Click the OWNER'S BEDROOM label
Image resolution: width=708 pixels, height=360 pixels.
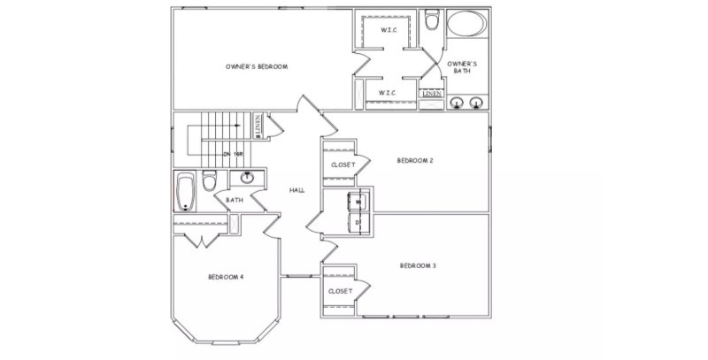[256, 66]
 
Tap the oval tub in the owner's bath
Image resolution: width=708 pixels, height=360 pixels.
[465, 23]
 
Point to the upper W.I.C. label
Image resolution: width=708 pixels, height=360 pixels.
[387, 30]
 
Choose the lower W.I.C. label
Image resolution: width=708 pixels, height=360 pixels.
[387, 92]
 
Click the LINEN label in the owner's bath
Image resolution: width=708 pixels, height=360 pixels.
[432, 93]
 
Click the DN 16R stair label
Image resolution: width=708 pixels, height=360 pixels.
[233, 154]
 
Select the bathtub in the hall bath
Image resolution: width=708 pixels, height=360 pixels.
[186, 192]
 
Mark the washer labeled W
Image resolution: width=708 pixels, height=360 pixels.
[358, 202]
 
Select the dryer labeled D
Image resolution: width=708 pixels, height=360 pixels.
[358, 222]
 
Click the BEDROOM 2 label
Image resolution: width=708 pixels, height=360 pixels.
[414, 160]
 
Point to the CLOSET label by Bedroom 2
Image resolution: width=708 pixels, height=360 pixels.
[342, 165]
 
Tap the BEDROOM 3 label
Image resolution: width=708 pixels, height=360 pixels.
[417, 265]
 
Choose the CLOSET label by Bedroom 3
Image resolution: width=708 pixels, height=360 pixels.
[340, 290]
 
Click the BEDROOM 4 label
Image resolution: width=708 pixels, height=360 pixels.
[226, 277]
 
